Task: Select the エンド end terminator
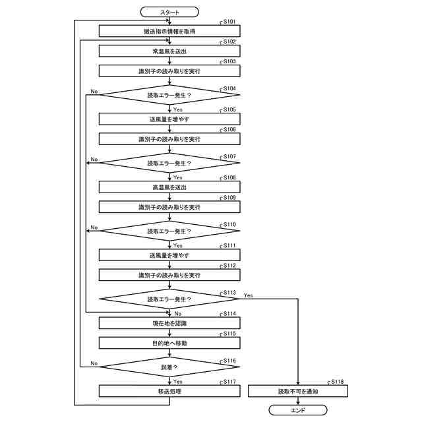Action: (x=297, y=409)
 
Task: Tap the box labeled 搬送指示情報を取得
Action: (x=169, y=31)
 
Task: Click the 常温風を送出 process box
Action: (x=169, y=50)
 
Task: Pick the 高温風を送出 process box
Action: (x=169, y=187)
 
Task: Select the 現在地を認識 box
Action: (x=169, y=323)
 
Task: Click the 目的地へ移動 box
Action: (x=169, y=343)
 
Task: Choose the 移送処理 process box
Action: (x=169, y=391)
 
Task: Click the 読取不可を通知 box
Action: (x=297, y=391)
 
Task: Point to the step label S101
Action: (x=229, y=22)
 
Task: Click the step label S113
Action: (x=229, y=292)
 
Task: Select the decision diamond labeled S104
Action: (x=169, y=96)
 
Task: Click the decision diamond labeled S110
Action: (x=169, y=231)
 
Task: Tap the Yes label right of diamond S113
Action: (x=248, y=295)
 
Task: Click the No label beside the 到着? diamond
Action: (x=94, y=363)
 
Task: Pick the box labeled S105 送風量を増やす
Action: (x=169, y=119)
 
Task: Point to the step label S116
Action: (x=229, y=361)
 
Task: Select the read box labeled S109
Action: (x=169, y=207)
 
